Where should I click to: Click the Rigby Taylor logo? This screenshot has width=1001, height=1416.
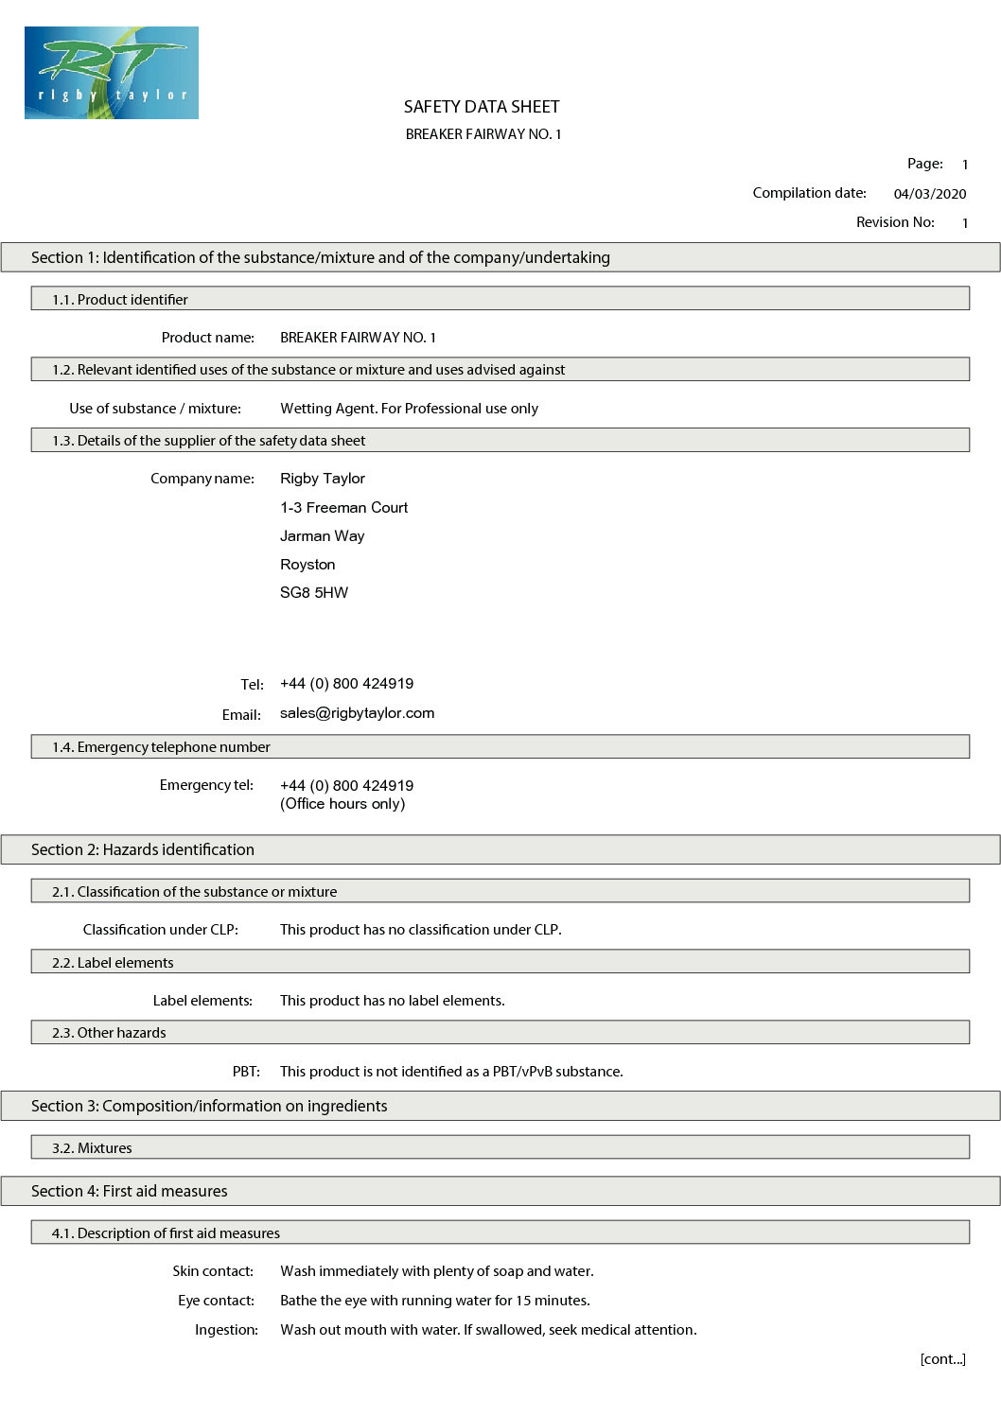click(112, 73)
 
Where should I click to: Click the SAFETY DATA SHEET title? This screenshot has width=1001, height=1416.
click(482, 107)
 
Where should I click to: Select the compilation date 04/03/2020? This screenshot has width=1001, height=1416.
click(930, 194)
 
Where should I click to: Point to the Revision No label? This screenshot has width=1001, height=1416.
click(895, 222)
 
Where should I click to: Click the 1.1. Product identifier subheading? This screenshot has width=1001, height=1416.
click(120, 300)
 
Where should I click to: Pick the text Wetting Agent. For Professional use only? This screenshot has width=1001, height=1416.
click(409, 409)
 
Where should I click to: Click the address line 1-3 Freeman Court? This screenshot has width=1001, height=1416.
click(343, 507)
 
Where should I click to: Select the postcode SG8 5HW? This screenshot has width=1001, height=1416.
click(314, 593)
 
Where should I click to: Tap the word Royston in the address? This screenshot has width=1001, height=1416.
click(307, 565)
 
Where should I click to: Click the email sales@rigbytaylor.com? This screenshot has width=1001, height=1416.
click(357, 713)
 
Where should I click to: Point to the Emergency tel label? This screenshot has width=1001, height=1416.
click(206, 785)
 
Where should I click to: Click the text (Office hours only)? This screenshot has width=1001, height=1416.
click(342, 804)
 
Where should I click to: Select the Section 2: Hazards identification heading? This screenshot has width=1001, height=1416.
click(143, 849)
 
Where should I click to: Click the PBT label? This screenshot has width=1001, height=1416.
click(246, 1072)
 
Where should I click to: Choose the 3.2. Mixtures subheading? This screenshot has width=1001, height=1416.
click(92, 1148)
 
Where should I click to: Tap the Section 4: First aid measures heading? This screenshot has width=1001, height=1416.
click(130, 1191)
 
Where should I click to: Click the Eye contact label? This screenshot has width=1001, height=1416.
click(216, 1301)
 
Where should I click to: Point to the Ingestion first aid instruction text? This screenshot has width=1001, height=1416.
click(488, 1330)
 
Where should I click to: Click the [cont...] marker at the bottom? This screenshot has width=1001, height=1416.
click(942, 1359)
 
